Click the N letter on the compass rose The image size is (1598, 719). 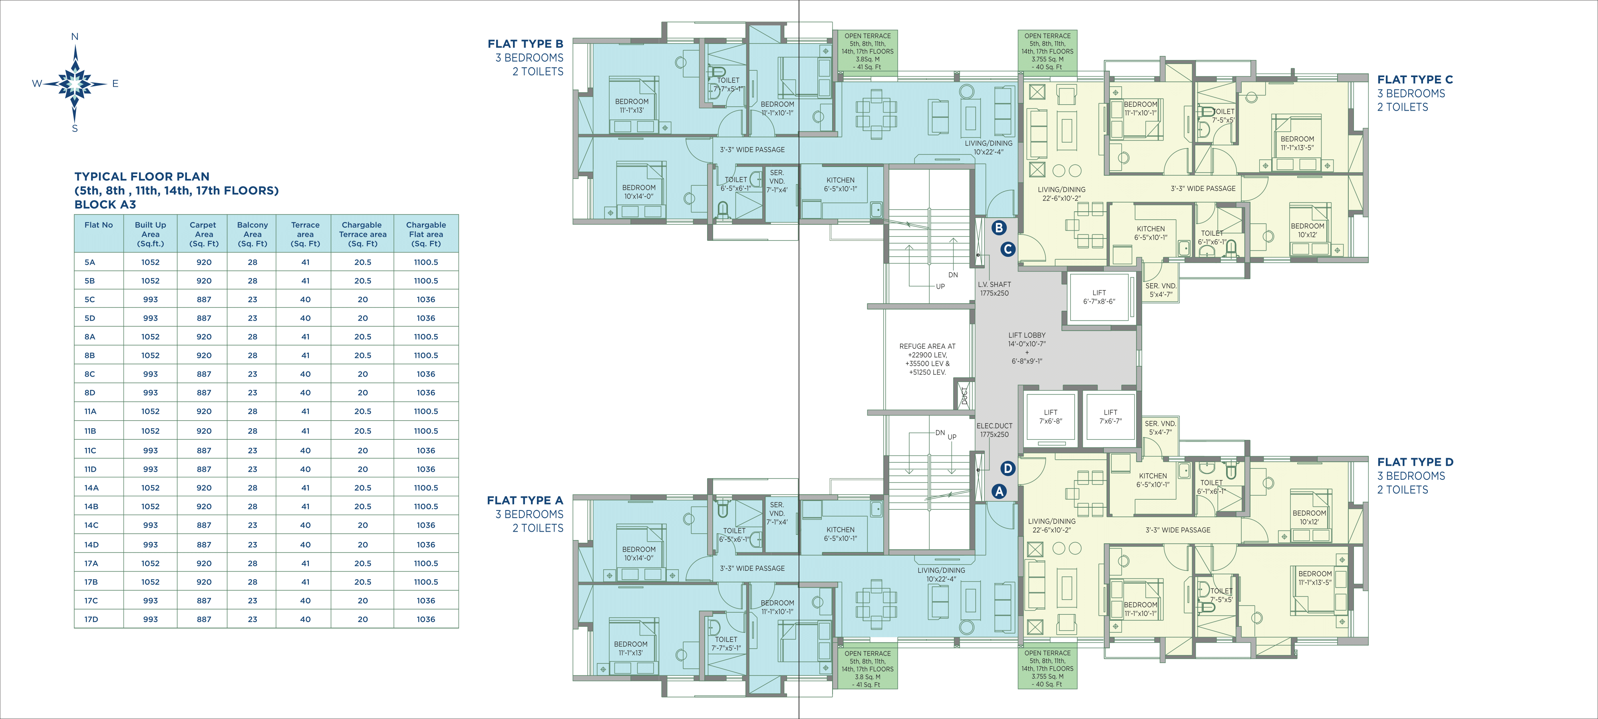(75, 37)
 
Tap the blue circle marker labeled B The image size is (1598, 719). (999, 228)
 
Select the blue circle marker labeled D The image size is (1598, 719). (1008, 469)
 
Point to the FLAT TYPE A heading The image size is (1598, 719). (525, 500)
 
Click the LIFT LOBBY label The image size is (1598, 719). (1027, 335)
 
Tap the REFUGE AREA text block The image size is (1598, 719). (927, 359)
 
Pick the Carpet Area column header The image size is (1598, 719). (203, 234)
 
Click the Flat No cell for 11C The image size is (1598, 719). (91, 451)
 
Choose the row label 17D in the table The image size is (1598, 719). (91, 619)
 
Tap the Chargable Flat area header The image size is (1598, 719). (426, 234)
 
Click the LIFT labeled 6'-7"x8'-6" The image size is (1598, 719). (1099, 297)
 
